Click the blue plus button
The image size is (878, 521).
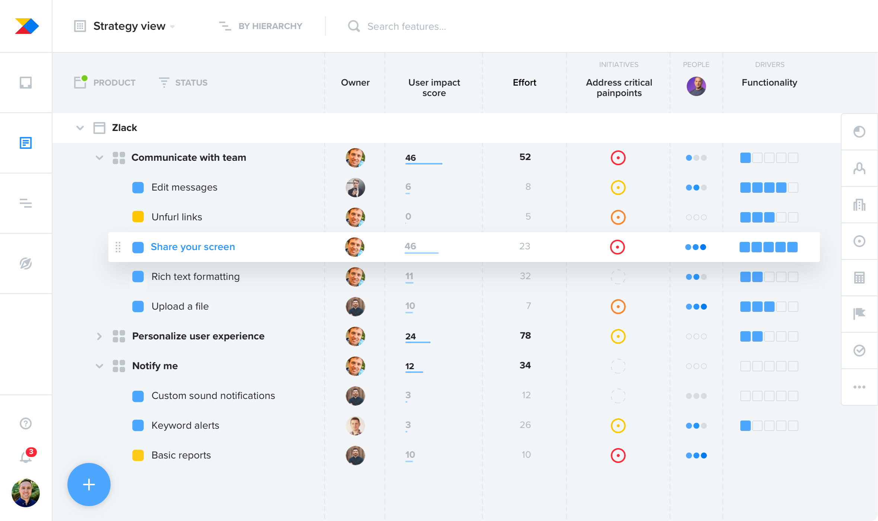coord(89,485)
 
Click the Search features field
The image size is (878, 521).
coord(406,26)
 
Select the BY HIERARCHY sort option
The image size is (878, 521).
coord(270,26)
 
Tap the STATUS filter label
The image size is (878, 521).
coord(191,83)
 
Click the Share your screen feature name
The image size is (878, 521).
coord(193,247)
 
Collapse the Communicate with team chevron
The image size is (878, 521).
coord(99,157)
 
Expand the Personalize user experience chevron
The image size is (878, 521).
coord(99,336)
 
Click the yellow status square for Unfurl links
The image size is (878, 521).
coord(138,217)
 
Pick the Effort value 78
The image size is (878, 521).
coord(525,336)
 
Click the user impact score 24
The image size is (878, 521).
coord(411,336)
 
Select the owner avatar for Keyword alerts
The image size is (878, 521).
coord(355,425)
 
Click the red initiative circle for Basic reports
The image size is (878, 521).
coord(618,455)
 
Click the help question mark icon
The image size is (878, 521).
coord(26,423)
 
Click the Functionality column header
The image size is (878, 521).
coord(769,83)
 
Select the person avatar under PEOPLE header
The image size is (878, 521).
coord(696,86)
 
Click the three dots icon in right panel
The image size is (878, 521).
coord(859,387)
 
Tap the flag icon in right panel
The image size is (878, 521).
coord(859,314)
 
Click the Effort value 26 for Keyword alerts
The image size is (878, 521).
coord(525,425)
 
